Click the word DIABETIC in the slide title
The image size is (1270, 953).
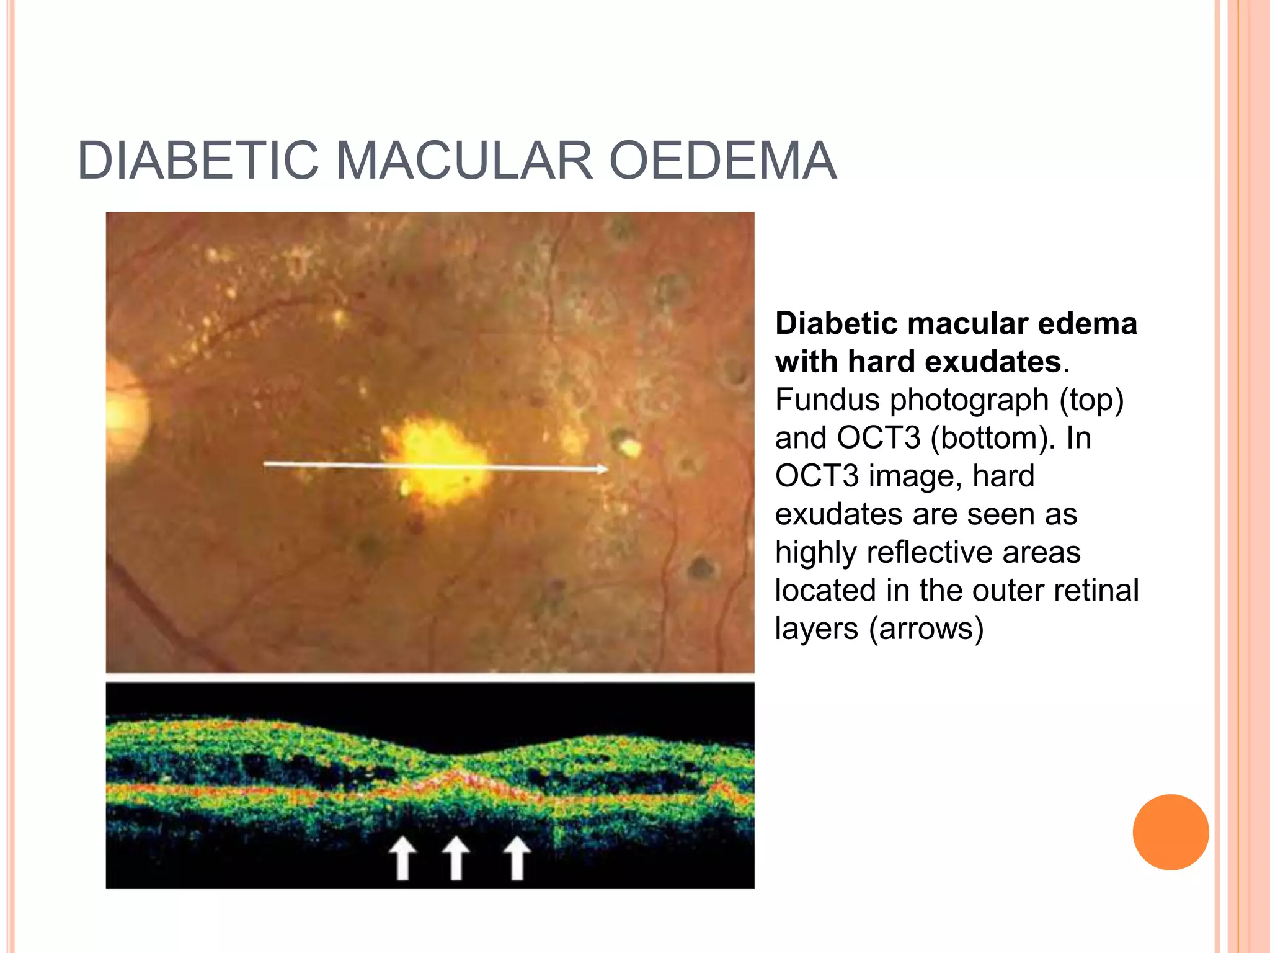click(198, 161)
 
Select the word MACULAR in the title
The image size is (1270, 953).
click(464, 161)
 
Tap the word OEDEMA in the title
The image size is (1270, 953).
click(723, 161)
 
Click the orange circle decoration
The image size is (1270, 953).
click(1170, 832)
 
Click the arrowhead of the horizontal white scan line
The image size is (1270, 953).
click(601, 469)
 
